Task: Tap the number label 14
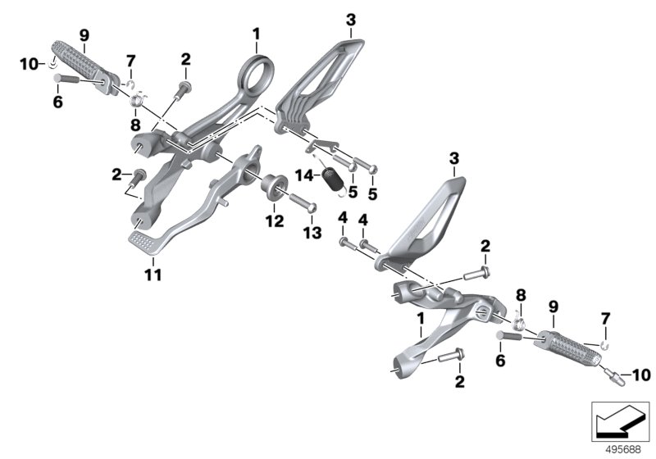304,175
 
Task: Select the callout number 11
153,275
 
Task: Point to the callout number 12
275,220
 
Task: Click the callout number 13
312,233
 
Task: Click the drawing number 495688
623,450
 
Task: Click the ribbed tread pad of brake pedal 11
143,241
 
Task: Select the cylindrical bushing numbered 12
274,186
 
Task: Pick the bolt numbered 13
302,202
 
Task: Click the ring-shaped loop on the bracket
258,74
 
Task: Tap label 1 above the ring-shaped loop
256,34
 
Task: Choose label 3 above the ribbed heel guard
351,19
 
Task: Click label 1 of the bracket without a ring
420,319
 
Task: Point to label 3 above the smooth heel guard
454,158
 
